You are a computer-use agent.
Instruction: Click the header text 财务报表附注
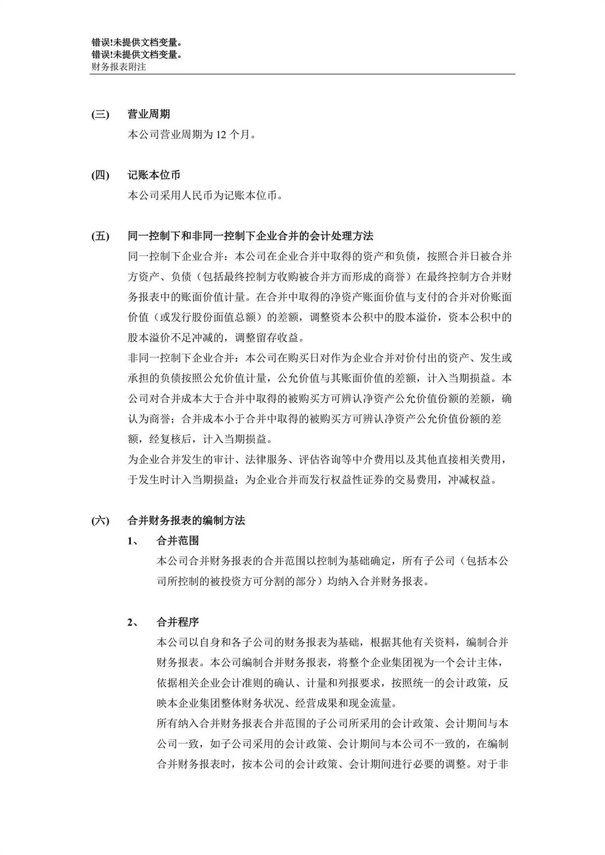click(118, 66)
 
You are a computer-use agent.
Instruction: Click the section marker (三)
click(100, 114)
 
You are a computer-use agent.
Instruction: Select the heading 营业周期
click(149, 114)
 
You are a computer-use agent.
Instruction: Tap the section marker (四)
click(100, 175)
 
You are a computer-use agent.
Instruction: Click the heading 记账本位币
click(154, 175)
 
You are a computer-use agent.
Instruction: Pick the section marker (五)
click(100, 236)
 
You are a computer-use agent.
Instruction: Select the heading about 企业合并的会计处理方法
click(251, 236)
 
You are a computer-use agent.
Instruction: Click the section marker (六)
click(100, 520)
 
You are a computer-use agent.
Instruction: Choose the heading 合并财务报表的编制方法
click(187, 520)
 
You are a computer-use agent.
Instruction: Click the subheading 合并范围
click(177, 541)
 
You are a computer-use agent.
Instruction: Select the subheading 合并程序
click(177, 622)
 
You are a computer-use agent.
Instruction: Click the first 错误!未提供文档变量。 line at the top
click(137, 43)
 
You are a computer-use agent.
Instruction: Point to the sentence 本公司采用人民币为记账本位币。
click(205, 196)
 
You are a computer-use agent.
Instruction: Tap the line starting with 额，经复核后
click(201, 439)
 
